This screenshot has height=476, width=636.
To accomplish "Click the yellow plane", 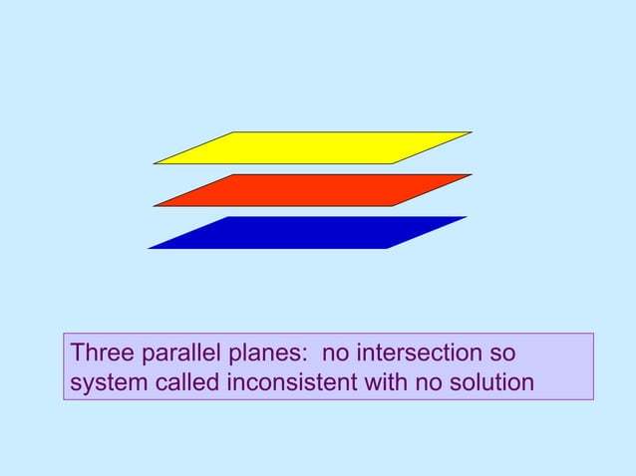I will (x=312, y=147).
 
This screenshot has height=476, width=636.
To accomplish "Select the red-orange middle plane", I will (x=312, y=190).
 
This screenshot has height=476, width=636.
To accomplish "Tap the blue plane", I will (x=307, y=232).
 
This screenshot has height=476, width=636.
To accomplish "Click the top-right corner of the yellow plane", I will (x=471, y=132).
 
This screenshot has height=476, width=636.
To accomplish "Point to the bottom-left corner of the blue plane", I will (x=149, y=248).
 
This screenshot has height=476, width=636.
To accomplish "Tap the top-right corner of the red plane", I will (x=471, y=175).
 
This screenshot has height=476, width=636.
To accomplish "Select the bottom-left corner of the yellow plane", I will (x=155, y=163).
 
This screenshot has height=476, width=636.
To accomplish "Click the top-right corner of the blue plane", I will (x=466, y=217).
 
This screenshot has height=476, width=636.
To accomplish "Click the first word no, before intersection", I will (x=341, y=355).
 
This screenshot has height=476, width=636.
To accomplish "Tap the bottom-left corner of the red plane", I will (x=155, y=206).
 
